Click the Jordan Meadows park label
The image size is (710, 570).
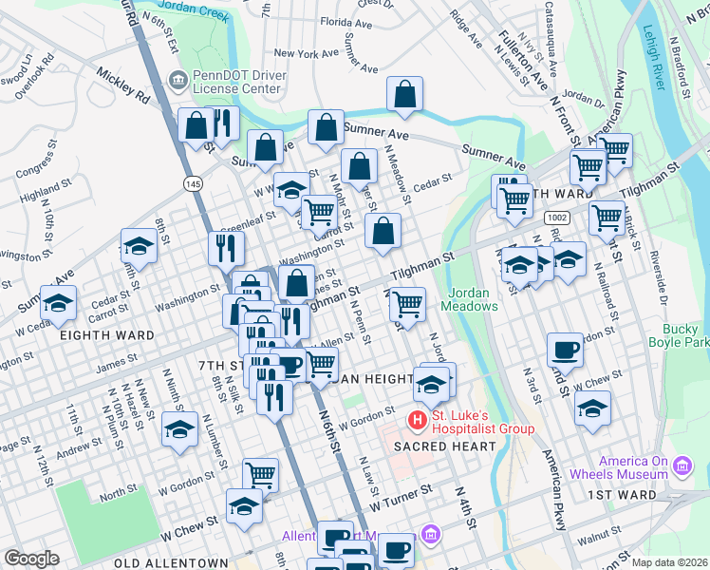[x=472, y=299]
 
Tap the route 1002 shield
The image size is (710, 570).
[x=556, y=218]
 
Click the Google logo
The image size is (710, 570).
[x=31, y=559]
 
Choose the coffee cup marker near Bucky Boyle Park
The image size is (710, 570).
[x=566, y=350]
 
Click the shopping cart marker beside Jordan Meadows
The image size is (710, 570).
[x=407, y=304]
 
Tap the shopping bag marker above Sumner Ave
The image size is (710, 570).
[x=404, y=94]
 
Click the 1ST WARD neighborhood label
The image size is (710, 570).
[x=622, y=495]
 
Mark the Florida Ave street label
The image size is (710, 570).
[x=345, y=21]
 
